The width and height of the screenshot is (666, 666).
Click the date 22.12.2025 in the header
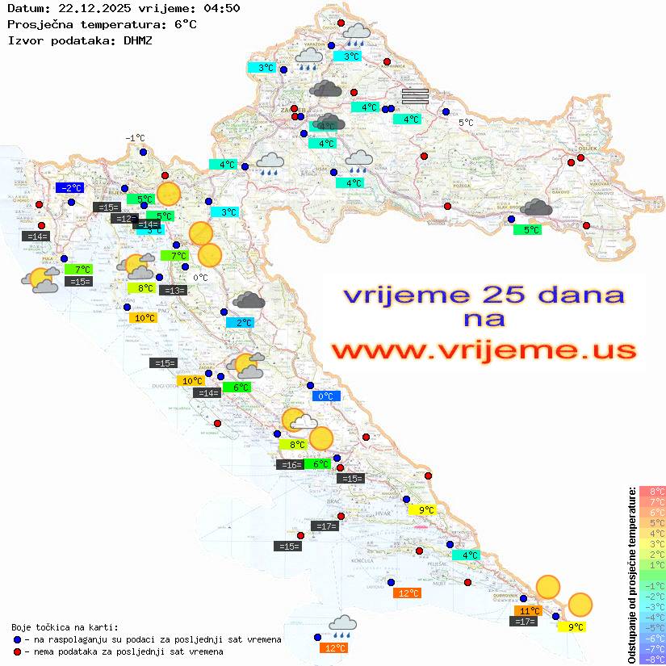click(84, 8)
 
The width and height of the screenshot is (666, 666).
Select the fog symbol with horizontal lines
click(415, 96)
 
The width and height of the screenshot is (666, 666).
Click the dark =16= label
click(289, 465)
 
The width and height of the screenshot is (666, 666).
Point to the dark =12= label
click(124, 219)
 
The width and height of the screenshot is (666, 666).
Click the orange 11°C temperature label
click(530, 611)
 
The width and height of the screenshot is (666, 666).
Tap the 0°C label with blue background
click(326, 396)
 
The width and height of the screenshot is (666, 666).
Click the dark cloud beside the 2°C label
click(249, 301)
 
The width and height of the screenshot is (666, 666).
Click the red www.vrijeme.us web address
click(483, 350)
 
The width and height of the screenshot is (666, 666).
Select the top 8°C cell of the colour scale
click(651, 491)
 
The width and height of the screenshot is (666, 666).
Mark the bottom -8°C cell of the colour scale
click(651, 660)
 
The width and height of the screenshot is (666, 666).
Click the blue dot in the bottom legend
click(17, 639)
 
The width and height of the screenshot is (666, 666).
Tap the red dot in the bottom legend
click(17, 651)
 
